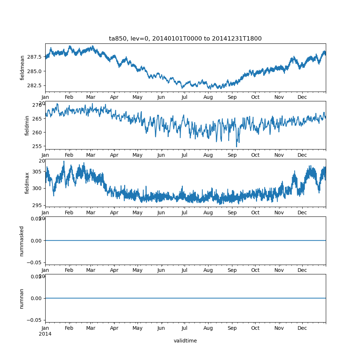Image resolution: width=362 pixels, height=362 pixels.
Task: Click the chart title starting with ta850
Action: click(185, 38)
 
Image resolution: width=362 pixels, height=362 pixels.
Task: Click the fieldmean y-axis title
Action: click(22, 68)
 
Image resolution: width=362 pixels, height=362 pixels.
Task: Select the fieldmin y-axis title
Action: click(27, 125)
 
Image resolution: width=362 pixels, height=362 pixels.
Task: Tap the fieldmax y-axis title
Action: click(27, 183)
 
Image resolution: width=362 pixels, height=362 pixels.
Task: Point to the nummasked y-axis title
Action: click(22, 241)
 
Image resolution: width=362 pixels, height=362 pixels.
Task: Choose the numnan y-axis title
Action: click(22, 298)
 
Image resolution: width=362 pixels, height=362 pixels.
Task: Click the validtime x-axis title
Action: click(185, 341)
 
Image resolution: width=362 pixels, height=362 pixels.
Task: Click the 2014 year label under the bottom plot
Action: click(45, 334)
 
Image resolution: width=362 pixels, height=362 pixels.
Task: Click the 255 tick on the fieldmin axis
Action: click(38, 146)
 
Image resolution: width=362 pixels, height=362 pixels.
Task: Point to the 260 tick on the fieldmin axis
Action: click(38, 132)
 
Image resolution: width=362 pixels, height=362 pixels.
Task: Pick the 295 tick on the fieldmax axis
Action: click(38, 205)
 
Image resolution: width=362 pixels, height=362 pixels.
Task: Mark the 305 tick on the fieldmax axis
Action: click(38, 171)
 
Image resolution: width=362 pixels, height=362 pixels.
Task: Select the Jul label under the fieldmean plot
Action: click(185, 97)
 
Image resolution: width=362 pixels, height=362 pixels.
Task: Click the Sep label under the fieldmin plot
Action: click(232, 155)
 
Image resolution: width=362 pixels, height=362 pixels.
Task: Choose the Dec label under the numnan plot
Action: click(302, 328)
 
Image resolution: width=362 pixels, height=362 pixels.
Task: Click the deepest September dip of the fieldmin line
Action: click(237, 147)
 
